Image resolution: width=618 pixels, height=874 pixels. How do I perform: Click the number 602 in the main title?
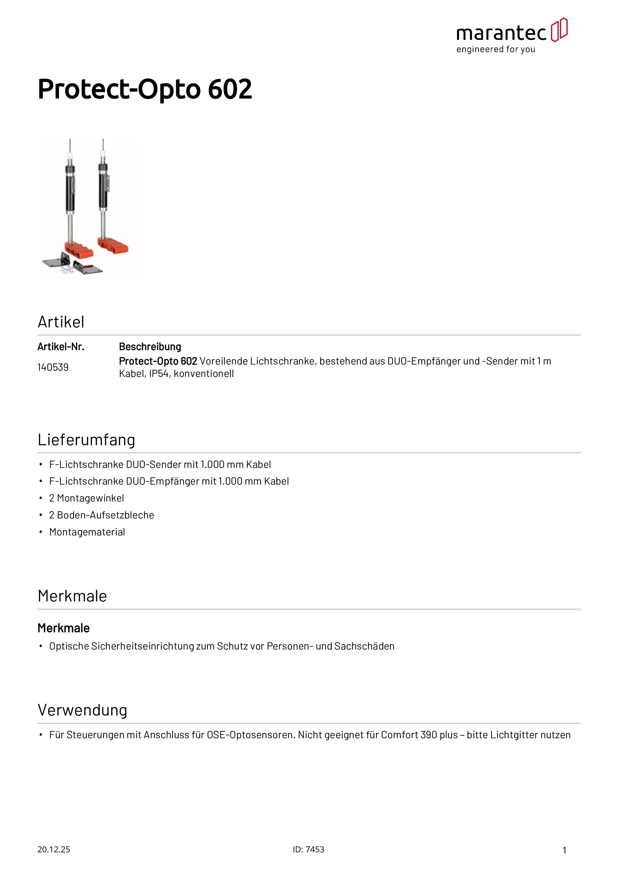tap(230, 89)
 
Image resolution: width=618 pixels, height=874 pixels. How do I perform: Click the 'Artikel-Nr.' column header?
tap(61, 347)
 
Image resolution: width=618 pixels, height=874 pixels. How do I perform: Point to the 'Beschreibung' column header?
tap(150, 347)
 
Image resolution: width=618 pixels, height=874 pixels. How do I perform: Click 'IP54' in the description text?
tap(159, 374)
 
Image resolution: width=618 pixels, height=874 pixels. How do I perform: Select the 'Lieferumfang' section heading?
tap(86, 440)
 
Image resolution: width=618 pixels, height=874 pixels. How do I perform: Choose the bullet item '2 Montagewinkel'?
tap(86, 498)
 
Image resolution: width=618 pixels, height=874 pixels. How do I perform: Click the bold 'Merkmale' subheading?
tap(64, 628)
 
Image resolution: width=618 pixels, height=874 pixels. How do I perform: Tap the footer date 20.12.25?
tap(54, 850)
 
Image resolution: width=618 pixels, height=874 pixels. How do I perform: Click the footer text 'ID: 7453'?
tap(309, 850)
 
